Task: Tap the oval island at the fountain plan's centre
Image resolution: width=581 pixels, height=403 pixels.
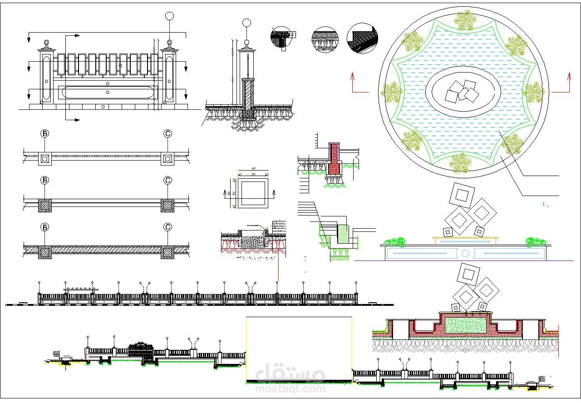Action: coord(463,92)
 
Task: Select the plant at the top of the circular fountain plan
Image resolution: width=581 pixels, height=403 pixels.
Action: coord(464,20)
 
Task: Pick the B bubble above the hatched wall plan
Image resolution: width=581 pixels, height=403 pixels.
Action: coord(45,227)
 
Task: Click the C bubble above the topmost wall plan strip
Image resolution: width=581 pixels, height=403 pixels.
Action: coord(167,134)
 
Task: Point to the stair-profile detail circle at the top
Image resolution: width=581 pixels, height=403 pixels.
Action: coord(362,39)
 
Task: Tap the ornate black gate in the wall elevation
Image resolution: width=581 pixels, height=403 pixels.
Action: coord(141,351)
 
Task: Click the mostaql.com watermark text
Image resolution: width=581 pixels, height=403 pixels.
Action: coord(290,388)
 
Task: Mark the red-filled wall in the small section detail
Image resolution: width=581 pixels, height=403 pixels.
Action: coord(335,160)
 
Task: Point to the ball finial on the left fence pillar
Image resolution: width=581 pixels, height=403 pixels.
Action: coord(46,44)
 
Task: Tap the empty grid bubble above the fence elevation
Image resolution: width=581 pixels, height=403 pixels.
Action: coord(169,16)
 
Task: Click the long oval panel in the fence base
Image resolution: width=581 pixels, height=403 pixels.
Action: coord(108,92)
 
